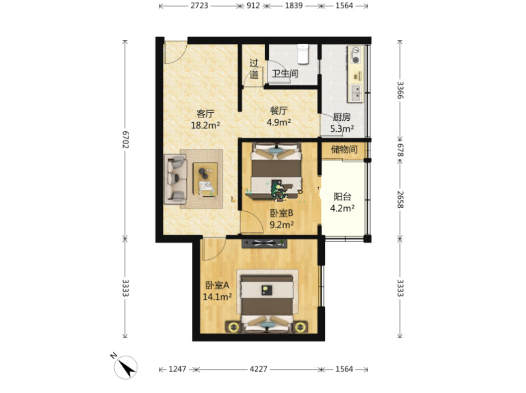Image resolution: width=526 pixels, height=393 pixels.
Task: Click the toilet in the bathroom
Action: [x=303, y=54]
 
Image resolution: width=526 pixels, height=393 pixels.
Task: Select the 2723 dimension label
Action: [x=199, y=5]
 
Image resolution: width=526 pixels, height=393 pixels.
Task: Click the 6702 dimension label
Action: [x=125, y=139]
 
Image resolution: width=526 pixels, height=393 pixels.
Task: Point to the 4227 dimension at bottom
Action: [x=258, y=369]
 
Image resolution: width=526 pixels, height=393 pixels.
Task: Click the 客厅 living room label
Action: [x=205, y=113]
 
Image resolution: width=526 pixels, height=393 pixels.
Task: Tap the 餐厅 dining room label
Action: [x=279, y=110]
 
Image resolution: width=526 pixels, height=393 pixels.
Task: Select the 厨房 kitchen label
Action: [x=342, y=117]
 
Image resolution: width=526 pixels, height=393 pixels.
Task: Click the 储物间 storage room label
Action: [x=344, y=149]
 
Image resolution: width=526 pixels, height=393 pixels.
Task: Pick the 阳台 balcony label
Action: [x=342, y=197]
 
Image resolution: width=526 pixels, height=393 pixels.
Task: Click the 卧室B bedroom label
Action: [x=282, y=213]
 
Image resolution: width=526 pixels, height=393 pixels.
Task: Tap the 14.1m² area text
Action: [x=218, y=297]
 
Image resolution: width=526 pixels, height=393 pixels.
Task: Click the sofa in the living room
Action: [x=175, y=179]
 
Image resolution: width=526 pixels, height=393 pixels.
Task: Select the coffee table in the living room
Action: [x=205, y=179]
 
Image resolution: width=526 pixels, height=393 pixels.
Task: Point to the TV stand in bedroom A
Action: [x=264, y=243]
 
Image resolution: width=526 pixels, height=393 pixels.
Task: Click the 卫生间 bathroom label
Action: [x=285, y=73]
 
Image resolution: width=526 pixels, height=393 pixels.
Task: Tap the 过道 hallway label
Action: [x=254, y=69]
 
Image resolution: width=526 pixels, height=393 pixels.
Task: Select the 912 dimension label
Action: [x=253, y=5]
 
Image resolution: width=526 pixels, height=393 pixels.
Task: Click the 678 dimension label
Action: [x=400, y=150]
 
